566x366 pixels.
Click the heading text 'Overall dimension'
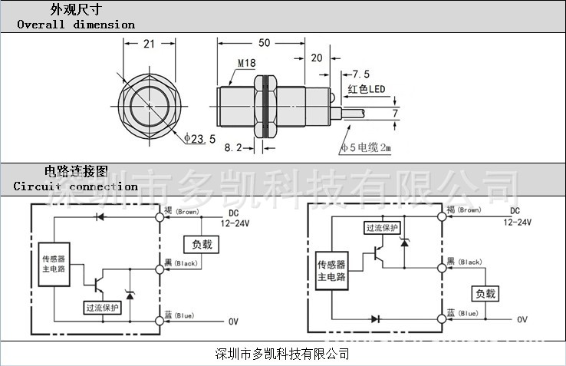[76, 24]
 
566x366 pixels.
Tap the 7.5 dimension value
[360, 74]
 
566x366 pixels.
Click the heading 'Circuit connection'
[76, 186]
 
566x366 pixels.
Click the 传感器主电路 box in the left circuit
[55, 263]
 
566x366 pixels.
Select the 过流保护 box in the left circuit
[102, 307]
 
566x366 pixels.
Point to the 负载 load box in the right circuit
[485, 293]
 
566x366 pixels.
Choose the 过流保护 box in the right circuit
[382, 227]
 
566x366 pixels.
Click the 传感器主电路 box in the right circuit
[331, 271]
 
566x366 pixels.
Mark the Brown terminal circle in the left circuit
[160, 216]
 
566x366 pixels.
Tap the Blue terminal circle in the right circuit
[443, 318]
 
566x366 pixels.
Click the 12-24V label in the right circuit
[518, 222]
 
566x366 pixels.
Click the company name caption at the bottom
[283, 354]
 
